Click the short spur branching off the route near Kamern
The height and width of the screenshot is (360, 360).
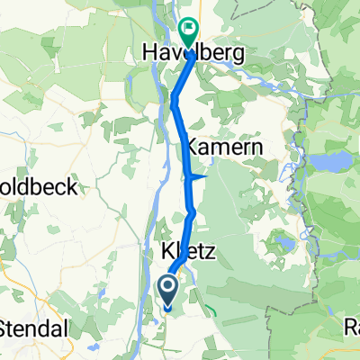click(x=200, y=177)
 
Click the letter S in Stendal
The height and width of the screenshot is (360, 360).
click(x=7, y=328)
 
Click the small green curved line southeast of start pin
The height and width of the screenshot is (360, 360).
click(x=211, y=310)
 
